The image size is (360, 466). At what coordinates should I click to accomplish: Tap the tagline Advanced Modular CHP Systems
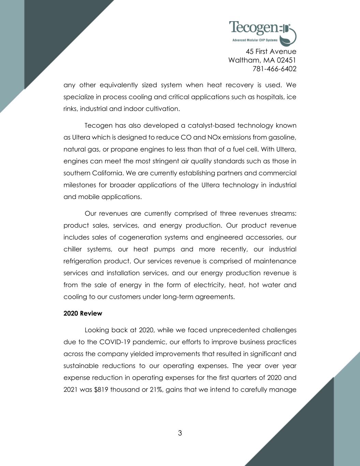click(255, 40)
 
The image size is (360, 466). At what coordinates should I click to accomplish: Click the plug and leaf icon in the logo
click(288, 34)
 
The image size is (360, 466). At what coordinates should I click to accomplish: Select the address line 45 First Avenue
click(271, 52)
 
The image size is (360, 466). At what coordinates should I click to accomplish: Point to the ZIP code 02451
click(284, 60)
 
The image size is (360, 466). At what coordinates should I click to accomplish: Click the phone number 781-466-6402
click(274, 69)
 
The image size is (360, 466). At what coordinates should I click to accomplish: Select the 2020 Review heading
click(83, 313)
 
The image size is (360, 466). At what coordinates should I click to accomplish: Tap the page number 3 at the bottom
click(180, 433)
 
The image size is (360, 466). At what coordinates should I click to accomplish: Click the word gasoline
click(282, 138)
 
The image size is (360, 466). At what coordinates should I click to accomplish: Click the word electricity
click(204, 285)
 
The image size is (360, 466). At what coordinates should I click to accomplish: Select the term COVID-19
click(115, 342)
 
